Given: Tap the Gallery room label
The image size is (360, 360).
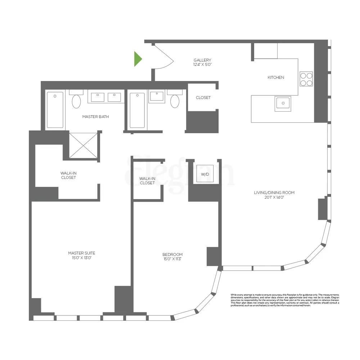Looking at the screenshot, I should coord(202,60).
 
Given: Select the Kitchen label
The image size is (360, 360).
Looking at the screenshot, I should coord(276,77).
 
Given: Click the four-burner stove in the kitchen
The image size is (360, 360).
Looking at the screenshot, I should coord(306,79).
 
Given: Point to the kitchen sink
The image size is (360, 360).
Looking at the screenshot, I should coord(283,103).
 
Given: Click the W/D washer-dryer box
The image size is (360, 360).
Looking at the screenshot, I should coord(205,174).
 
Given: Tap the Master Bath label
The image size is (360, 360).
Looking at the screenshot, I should coord(95,117).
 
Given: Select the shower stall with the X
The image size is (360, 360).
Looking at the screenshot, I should coord(84,145).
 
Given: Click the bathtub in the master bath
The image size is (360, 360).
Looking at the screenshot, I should coord(55,110).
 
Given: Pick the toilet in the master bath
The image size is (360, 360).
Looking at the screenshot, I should coord(76,101).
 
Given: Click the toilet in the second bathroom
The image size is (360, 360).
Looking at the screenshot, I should coord(175,101).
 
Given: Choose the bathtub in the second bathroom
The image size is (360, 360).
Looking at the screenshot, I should coord(137,110).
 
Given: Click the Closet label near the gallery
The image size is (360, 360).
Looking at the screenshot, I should coord(203,98).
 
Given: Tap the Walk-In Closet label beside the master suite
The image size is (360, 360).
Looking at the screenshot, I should coord(68,175).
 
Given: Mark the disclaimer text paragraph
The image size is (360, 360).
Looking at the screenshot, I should coord(285,300).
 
